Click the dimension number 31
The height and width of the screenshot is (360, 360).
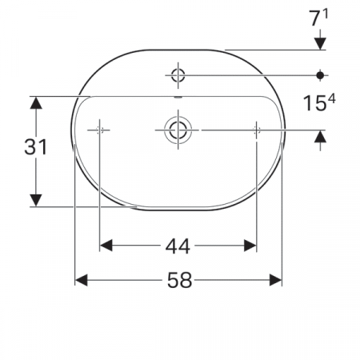click(x=36, y=146)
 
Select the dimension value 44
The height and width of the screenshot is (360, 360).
click(x=178, y=246)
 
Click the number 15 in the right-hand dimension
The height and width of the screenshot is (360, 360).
click(x=314, y=103)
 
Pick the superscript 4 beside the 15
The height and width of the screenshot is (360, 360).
click(x=330, y=98)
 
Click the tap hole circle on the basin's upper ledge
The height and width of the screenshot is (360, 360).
click(x=178, y=76)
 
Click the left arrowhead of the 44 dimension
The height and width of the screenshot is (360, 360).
click(x=105, y=246)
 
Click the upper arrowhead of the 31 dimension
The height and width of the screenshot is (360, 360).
click(x=36, y=102)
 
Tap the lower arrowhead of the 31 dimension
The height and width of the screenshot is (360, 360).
click(x=36, y=199)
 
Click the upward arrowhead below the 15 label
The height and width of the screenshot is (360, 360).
click(x=320, y=140)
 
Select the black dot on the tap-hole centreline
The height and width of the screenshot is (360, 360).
click(x=320, y=75)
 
